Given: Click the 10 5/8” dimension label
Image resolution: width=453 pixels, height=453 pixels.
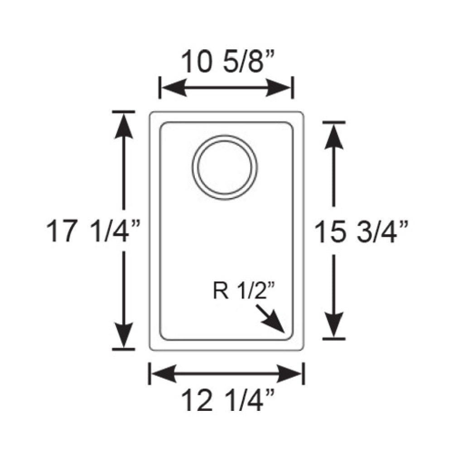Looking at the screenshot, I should tap(226, 62).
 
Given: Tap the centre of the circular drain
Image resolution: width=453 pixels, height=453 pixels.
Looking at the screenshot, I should tap(225, 166).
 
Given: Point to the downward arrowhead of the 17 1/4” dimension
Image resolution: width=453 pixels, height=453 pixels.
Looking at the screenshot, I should tap(123, 336).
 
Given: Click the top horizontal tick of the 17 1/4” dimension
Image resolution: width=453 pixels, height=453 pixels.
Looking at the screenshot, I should tap(123, 111).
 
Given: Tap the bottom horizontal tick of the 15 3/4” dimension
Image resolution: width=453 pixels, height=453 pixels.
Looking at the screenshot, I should tap(334, 338).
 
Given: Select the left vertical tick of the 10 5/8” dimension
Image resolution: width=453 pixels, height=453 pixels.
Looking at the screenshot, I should tap(160, 87).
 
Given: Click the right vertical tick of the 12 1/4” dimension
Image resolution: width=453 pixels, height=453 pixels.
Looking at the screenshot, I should tap(303, 374).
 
